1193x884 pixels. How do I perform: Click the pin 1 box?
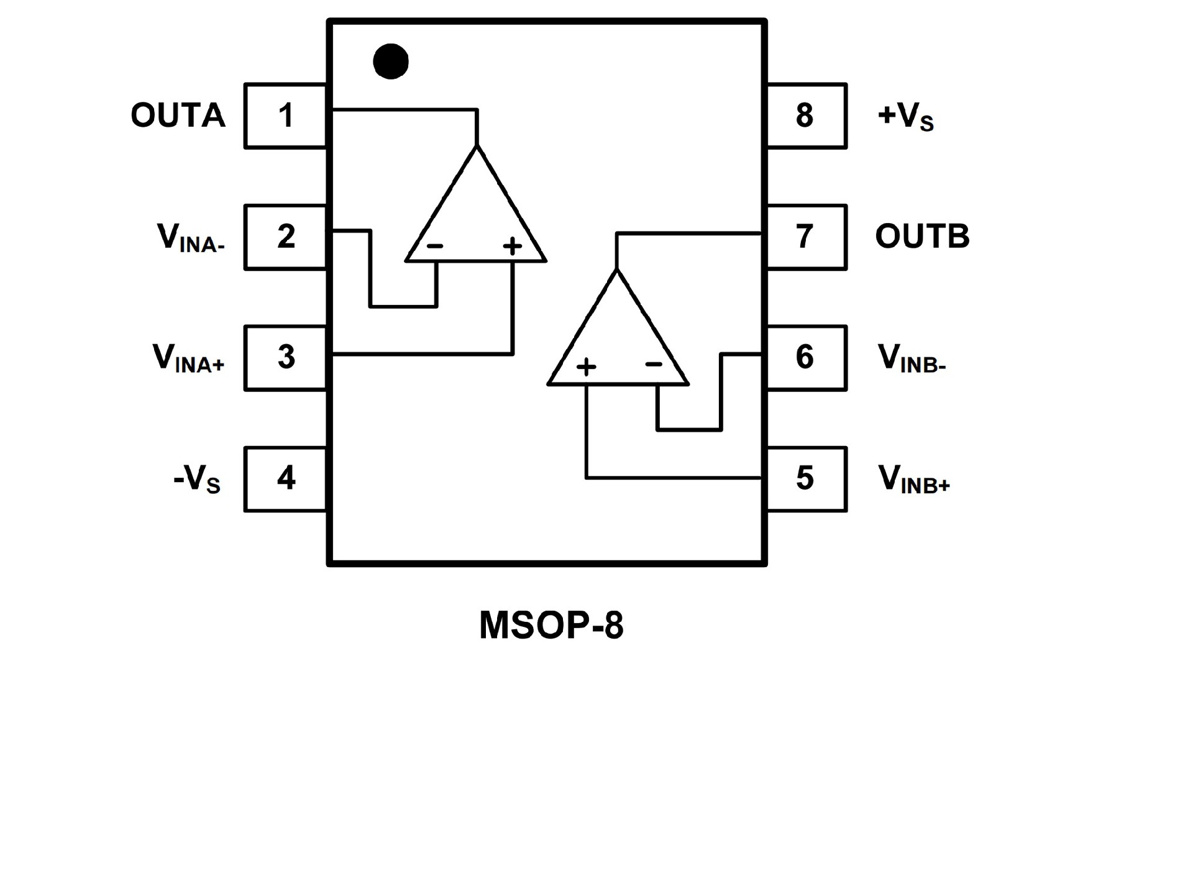pos(286,116)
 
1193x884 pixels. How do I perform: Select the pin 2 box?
pos(286,237)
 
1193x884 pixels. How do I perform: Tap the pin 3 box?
pos(286,358)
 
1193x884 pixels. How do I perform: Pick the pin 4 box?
pos(286,479)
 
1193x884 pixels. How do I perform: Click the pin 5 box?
pos(806,479)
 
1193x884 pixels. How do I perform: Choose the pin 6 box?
pos(806,358)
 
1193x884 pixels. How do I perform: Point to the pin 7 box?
pos(806,237)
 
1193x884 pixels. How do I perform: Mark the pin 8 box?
pos(806,116)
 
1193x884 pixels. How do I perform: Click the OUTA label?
pos(178,116)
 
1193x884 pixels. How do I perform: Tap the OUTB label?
pos(922,237)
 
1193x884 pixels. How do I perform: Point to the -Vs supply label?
pos(197,480)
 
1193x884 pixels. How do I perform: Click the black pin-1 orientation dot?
pos(391,62)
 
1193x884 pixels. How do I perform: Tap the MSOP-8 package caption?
pos(551,625)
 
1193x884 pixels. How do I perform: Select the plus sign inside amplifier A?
pos(513,247)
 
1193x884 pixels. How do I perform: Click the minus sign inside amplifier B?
pos(654,364)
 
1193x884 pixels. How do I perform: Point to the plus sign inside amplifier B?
pos(586,367)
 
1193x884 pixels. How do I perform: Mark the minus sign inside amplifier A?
pos(435,246)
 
